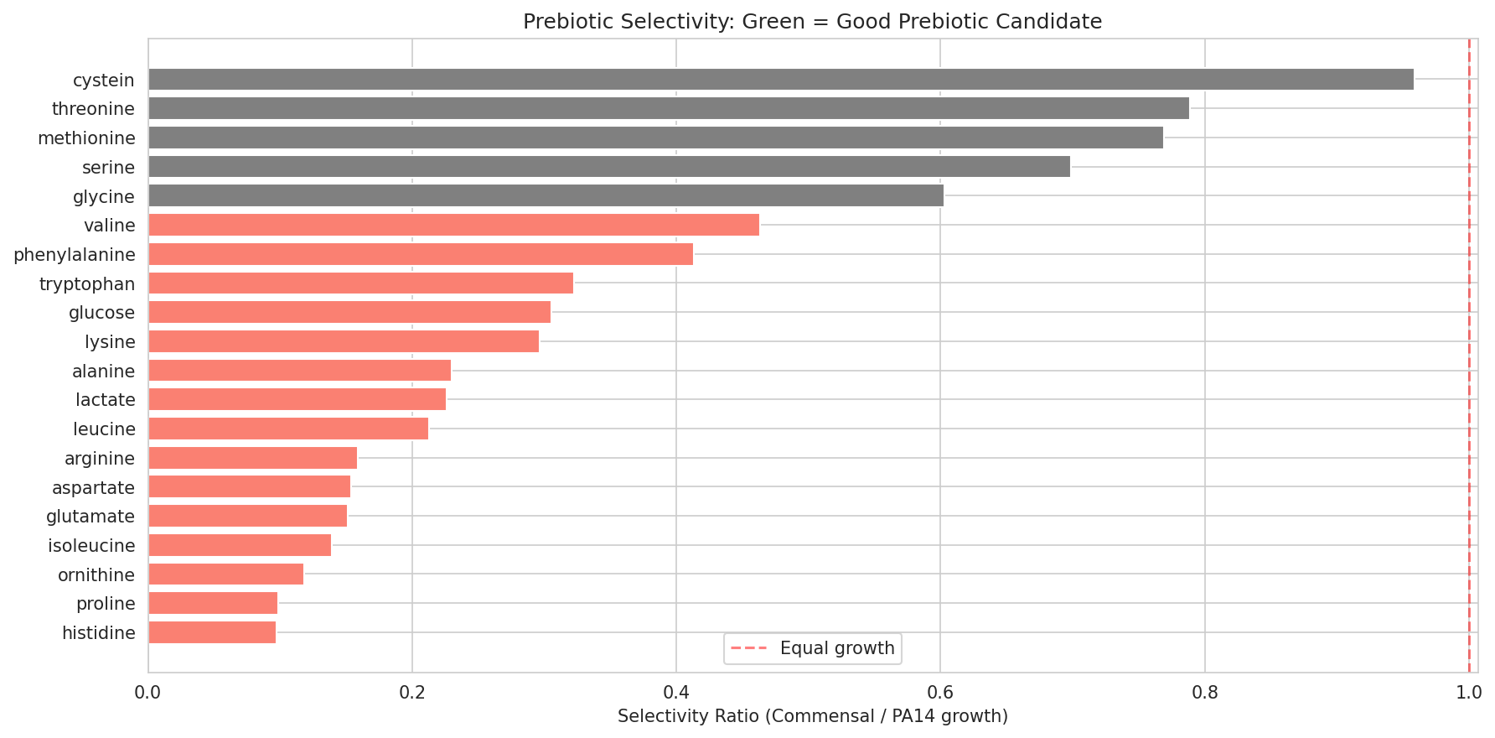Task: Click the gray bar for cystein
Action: tap(779, 80)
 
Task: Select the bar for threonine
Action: tap(668, 108)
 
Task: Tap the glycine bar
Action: tap(546, 196)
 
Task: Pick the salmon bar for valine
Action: tap(453, 225)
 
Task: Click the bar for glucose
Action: tap(349, 312)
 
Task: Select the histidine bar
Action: tap(212, 632)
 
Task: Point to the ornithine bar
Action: tap(225, 574)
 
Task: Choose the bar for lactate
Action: tap(297, 399)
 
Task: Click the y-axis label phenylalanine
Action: tap(74, 255)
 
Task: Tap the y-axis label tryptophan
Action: tap(87, 284)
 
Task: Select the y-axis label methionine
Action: tap(86, 138)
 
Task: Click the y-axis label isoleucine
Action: tap(91, 546)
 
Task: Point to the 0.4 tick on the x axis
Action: tap(676, 694)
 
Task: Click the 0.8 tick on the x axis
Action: tap(1204, 694)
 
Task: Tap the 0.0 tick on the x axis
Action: tap(148, 694)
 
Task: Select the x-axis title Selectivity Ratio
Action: tap(812, 716)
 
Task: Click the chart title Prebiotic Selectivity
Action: tap(812, 22)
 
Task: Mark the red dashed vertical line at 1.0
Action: tap(1468, 335)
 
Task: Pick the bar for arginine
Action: tap(252, 458)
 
